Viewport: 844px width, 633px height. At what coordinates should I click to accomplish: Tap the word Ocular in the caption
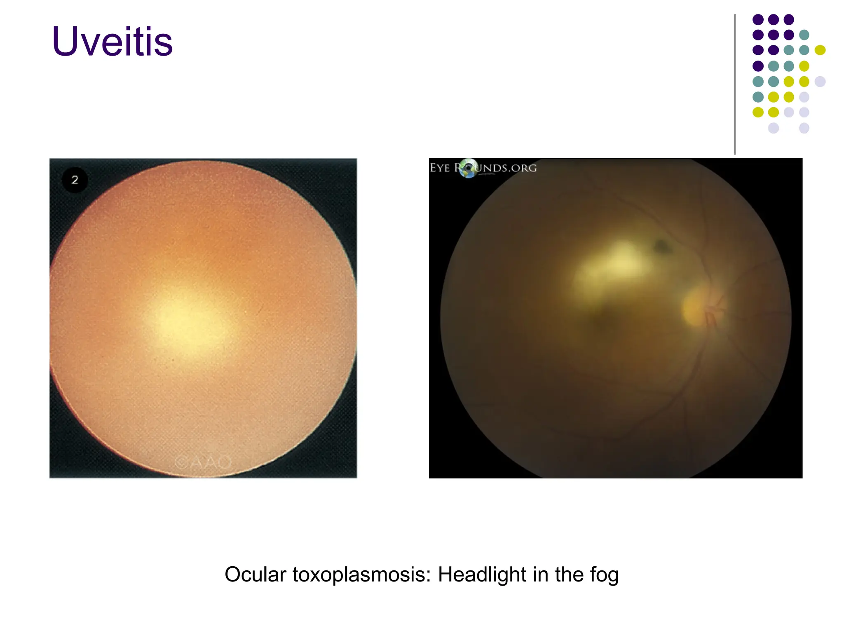pos(255,574)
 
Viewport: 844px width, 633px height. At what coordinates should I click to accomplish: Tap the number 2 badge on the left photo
pos(75,180)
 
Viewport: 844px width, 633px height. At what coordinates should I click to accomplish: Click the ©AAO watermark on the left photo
pos(203,462)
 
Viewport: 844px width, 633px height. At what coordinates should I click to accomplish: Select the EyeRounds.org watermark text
pos(507,168)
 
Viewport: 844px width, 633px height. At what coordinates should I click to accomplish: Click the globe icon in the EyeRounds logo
pos(469,168)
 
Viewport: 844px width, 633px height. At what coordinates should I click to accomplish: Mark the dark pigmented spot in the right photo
pos(662,246)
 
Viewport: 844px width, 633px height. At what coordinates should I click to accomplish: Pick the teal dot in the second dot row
pos(804,35)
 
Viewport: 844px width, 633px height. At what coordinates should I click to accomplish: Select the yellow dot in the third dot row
pos(820,50)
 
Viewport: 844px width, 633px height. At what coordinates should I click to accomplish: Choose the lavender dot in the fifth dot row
pos(820,81)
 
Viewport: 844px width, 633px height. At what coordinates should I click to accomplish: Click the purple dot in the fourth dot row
pos(758,66)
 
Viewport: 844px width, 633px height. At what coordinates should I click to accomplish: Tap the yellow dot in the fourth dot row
pos(804,66)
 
